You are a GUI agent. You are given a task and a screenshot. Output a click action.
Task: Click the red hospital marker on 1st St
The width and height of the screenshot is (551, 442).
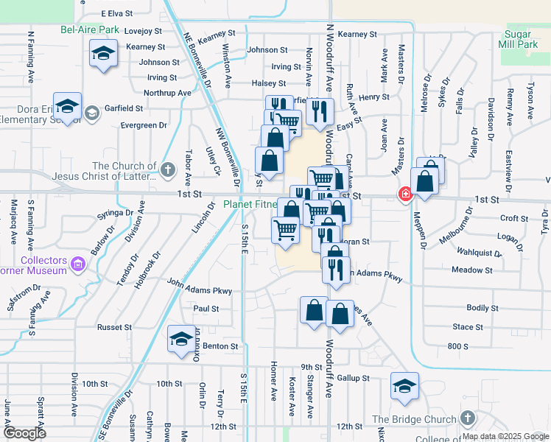coord(405,194)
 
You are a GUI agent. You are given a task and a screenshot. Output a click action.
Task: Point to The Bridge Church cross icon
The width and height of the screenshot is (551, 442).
coord(466,418)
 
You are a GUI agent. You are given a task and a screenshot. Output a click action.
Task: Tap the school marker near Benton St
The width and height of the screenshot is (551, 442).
coord(180,340)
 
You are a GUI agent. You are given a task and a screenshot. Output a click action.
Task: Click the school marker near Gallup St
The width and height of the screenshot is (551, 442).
coord(404,387)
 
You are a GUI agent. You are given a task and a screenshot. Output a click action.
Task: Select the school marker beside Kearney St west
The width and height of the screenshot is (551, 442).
coord(103,54)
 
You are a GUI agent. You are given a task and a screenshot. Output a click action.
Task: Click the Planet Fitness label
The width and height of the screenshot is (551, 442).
coord(250,204)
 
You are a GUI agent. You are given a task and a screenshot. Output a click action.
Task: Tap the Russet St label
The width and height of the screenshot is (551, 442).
coord(114,327)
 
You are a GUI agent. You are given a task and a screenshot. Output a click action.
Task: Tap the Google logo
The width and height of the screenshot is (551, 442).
coord(24,432)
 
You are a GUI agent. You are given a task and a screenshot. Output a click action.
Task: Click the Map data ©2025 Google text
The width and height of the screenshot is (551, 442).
coord(506,436)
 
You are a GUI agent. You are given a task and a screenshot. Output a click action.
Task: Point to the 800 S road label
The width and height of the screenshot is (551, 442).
coord(457,345)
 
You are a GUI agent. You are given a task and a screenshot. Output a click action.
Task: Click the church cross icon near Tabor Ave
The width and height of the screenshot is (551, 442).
coord(168,170)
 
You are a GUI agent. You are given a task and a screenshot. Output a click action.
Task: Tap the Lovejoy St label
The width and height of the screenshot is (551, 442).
coord(143,31)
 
